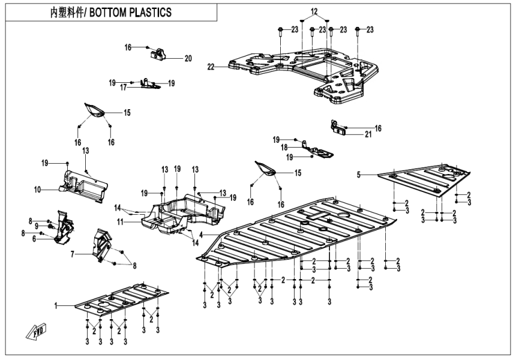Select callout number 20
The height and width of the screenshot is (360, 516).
(188, 58)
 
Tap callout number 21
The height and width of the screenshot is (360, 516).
(368, 134)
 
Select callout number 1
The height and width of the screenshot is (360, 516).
(56, 306)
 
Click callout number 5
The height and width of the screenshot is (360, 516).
(358, 175)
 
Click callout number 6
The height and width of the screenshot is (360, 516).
(34, 239)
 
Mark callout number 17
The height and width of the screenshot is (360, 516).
(123, 88)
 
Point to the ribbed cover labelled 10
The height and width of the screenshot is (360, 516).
(84, 183)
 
